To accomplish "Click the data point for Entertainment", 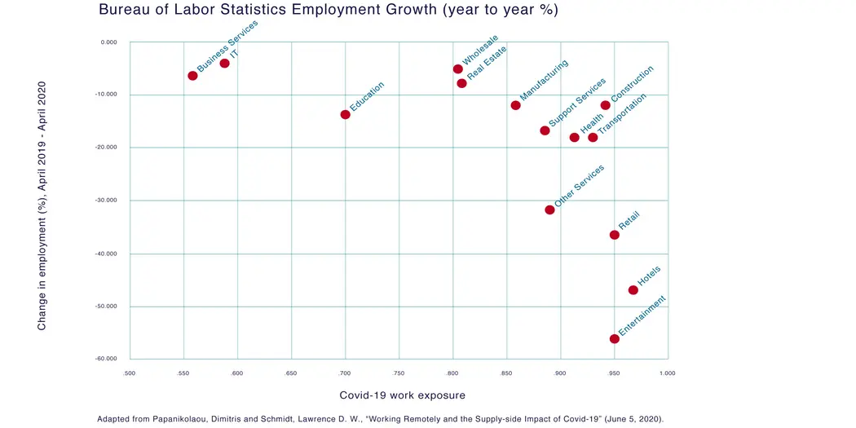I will coord(614,338).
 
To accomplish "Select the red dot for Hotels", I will coord(633,290).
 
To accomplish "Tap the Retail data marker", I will coord(614,235).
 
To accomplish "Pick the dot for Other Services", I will coord(549,210).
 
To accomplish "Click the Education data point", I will coord(346,114).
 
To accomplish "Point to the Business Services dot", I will coord(192,76).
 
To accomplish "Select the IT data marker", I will coord(224,64).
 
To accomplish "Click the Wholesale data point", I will coord(458,69).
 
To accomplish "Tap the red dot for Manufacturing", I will coord(515,105).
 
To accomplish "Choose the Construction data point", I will coord(605,105).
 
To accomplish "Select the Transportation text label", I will coord(622,113).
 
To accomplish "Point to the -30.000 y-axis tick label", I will coord(107,200).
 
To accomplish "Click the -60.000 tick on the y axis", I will coord(107,359).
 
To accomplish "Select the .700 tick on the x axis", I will coord(345,373).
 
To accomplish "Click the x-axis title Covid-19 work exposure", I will coord(402,395).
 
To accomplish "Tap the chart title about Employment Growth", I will coord(328,11).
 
